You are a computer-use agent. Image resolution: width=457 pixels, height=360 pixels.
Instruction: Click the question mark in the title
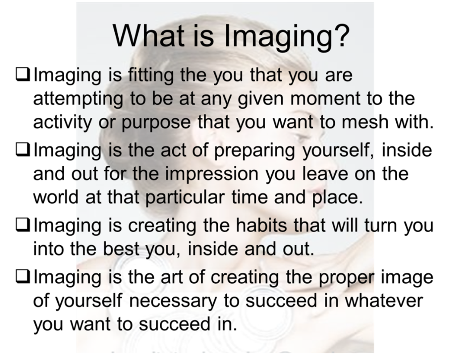tap(341, 36)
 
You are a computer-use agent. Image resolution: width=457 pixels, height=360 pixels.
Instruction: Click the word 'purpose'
tap(156, 123)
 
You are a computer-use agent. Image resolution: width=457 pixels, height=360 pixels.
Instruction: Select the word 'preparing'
tap(254, 151)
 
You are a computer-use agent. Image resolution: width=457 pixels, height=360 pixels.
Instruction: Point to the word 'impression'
tap(212, 174)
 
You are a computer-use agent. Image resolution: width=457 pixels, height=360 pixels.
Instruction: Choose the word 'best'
tap(121, 249)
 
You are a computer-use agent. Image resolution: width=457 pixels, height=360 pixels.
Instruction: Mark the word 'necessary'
tap(174, 301)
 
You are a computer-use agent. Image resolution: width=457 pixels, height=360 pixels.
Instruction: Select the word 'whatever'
tap(384, 301)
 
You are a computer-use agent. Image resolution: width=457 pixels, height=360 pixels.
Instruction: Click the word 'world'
tap(56, 197)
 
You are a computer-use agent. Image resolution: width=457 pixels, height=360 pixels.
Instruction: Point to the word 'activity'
tap(62, 122)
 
